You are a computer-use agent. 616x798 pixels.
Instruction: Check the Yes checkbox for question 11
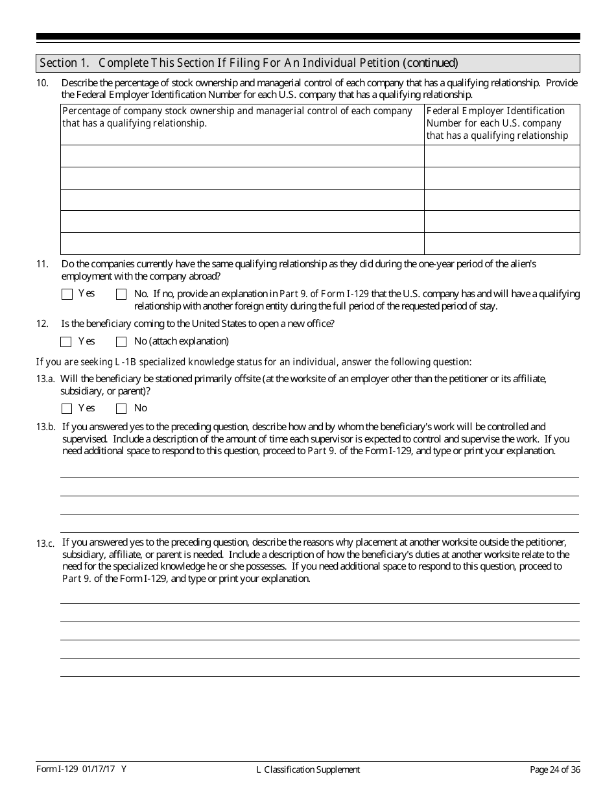(x=67, y=294)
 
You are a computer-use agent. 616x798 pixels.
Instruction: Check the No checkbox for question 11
(x=121, y=294)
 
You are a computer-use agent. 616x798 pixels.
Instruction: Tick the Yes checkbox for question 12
(x=67, y=342)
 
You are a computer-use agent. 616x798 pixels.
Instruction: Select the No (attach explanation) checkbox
(x=121, y=342)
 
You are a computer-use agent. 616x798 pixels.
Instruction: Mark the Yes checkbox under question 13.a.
(x=67, y=409)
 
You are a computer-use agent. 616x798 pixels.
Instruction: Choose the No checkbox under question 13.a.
(x=121, y=409)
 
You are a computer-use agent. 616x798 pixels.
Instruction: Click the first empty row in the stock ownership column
(x=243, y=156)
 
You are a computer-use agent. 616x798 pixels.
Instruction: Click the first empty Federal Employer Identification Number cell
(x=502, y=156)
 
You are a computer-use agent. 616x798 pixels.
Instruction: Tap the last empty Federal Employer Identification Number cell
(x=502, y=243)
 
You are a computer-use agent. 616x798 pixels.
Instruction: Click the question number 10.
(x=42, y=83)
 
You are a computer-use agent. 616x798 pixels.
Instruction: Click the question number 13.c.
(x=45, y=544)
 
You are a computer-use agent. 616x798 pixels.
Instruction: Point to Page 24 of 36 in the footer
(x=554, y=769)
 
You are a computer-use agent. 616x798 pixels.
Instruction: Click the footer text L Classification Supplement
(x=308, y=769)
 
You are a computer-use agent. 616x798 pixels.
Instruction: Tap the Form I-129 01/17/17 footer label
(x=81, y=769)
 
